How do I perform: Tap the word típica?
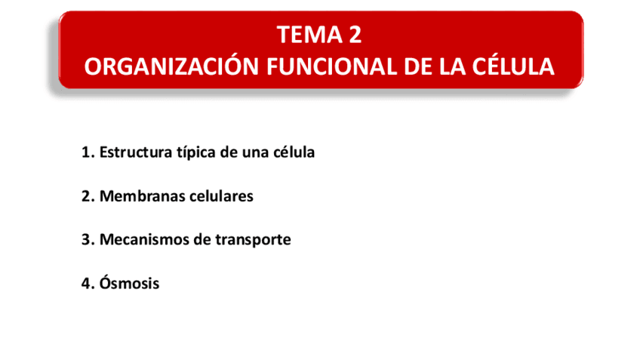(195, 152)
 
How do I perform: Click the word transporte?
(254, 241)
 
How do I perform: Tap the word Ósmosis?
(129, 284)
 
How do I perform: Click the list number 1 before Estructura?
(85, 152)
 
